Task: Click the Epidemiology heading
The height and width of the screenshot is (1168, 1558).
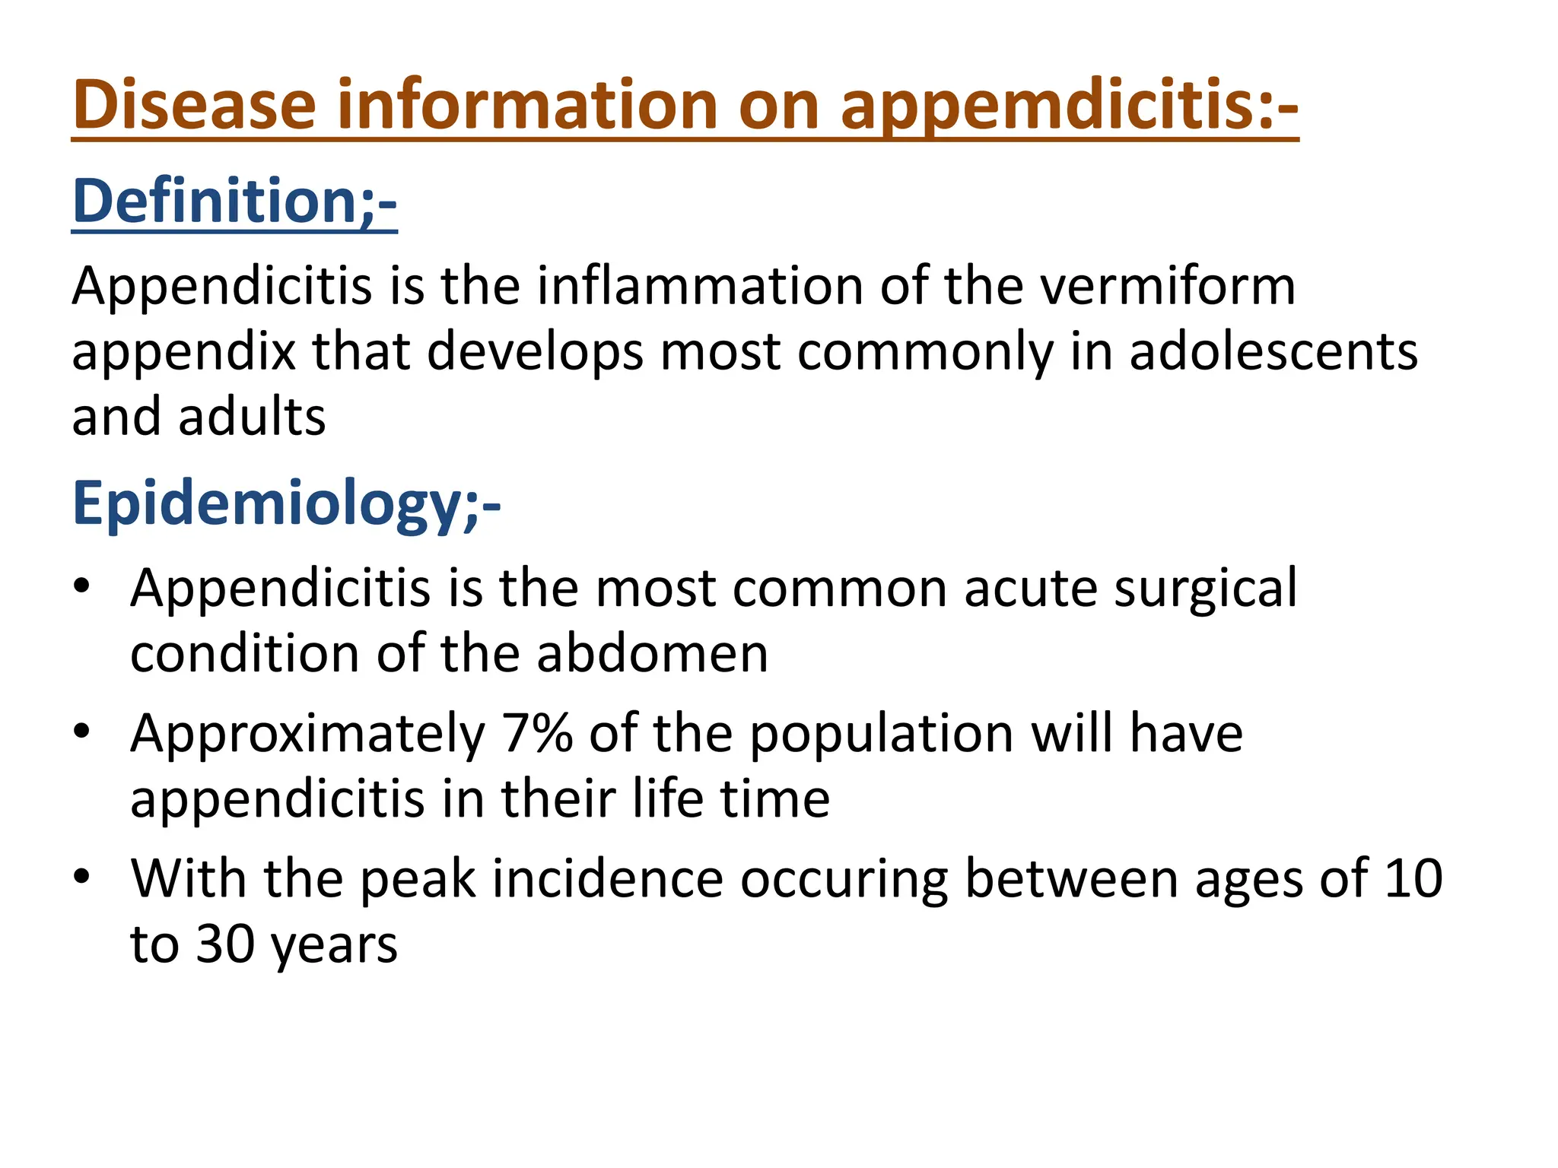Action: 286,503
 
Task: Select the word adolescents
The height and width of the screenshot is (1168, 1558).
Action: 1273,351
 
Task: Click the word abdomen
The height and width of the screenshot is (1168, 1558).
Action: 652,653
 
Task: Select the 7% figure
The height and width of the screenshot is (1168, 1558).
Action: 537,733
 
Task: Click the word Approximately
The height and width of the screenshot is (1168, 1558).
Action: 307,735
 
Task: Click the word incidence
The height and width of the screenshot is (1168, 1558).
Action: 608,878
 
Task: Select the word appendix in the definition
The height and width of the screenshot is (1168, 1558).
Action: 183,353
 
